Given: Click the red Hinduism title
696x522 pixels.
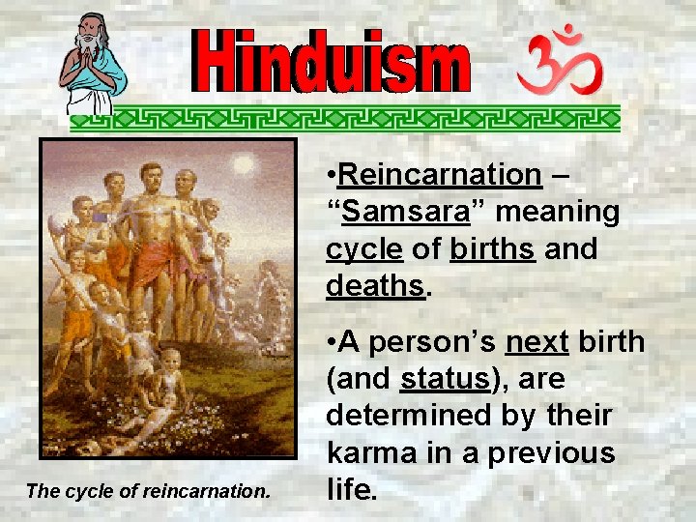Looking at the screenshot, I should [x=333, y=69].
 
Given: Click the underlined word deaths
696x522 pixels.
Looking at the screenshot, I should [x=375, y=285].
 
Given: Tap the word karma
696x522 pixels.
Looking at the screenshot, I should [x=366, y=452].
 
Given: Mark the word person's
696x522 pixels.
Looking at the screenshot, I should [x=432, y=343].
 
